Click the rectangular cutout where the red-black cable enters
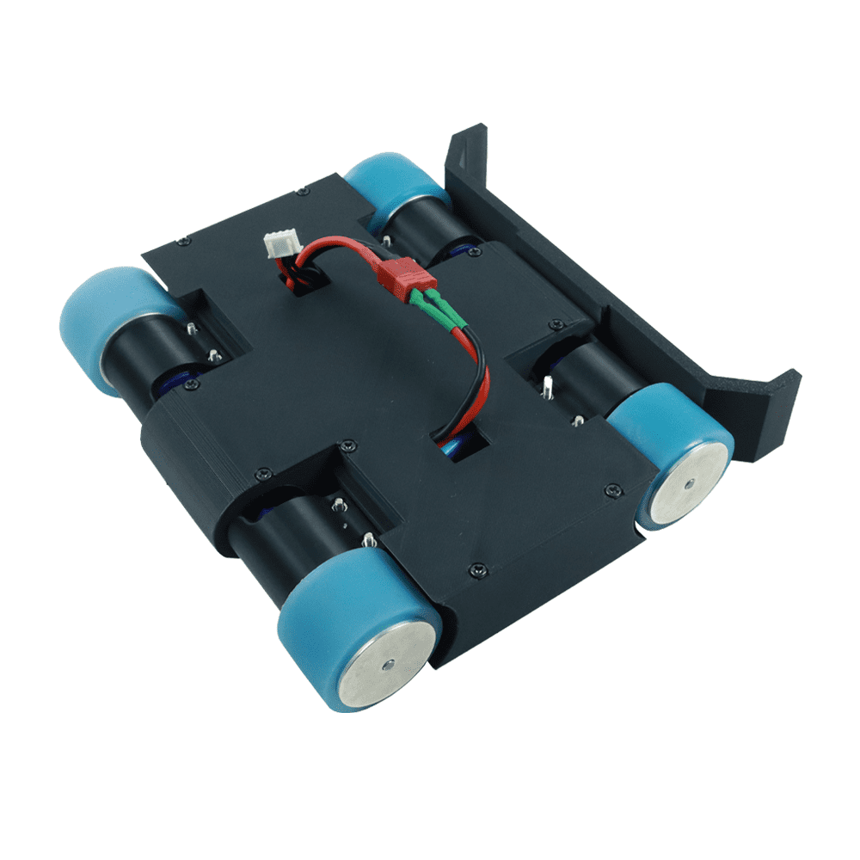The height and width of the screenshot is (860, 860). (x=460, y=444)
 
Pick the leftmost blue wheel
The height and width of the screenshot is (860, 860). (x=103, y=327)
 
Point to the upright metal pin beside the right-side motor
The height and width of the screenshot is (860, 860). (x=548, y=387)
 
